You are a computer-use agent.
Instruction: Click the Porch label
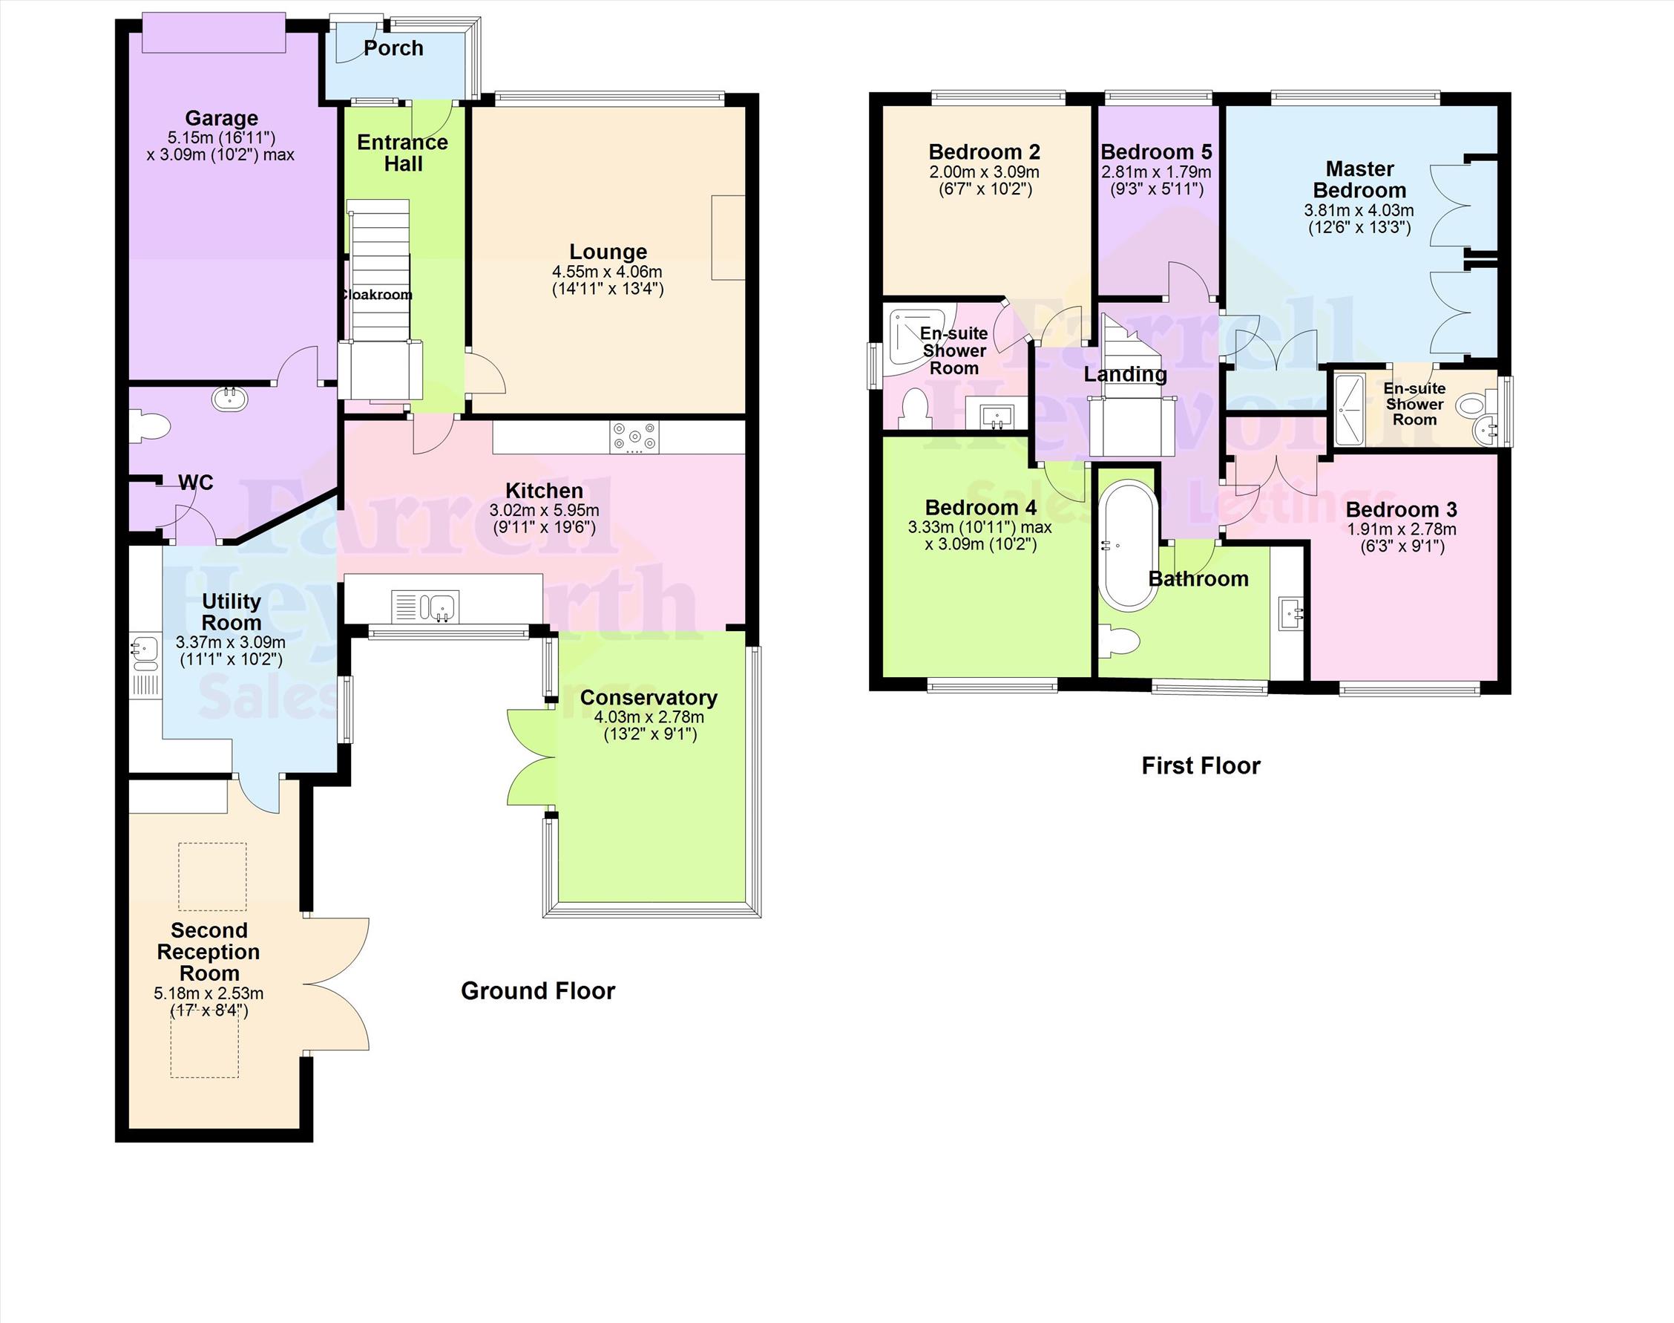[x=393, y=49]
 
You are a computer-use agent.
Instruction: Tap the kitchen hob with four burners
[x=635, y=437]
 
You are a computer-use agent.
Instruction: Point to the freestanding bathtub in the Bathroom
[x=1128, y=547]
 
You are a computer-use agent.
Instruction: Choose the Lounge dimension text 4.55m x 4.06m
[x=607, y=272]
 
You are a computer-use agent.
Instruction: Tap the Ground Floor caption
[x=537, y=990]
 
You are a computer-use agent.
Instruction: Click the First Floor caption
[x=1200, y=766]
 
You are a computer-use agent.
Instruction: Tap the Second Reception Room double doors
[x=337, y=984]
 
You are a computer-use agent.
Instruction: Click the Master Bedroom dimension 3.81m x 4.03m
[x=1359, y=211]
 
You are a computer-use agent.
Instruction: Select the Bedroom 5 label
[x=1155, y=151]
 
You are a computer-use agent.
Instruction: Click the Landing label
[x=1124, y=375]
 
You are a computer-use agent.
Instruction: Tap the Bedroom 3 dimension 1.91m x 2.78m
[x=1401, y=530]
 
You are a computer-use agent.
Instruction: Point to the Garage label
[x=221, y=119]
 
